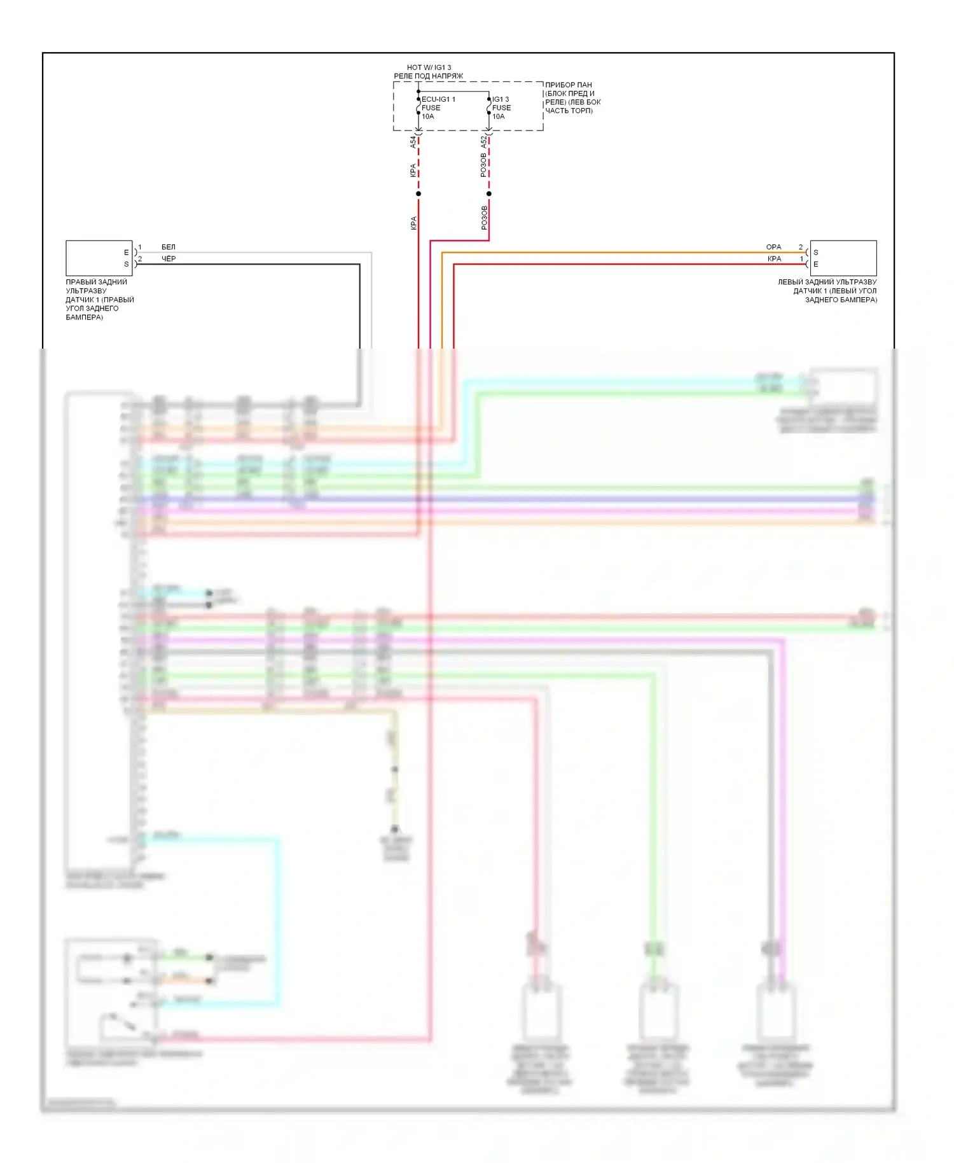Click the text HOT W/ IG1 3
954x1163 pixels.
[429, 67]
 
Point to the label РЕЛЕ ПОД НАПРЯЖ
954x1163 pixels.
[428, 76]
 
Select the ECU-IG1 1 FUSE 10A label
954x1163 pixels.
[438, 108]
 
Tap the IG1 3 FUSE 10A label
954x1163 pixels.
[501, 108]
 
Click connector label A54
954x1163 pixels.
[413, 142]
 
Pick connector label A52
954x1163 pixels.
[483, 142]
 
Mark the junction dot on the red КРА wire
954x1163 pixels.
[418, 193]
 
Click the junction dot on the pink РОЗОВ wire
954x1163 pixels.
[488, 193]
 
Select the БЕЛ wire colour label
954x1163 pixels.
[168, 247]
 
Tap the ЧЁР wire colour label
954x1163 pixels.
[169, 259]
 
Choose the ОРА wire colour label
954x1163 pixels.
[773, 247]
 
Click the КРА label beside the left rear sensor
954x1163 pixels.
[774, 259]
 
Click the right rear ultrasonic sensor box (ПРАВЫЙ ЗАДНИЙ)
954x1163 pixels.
[99, 258]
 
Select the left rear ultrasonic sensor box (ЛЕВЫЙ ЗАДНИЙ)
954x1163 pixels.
[843, 258]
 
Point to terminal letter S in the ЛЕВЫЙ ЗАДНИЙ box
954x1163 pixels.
[816, 253]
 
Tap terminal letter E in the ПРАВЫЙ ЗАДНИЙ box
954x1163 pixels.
[126, 253]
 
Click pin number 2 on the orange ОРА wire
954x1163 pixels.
[801, 247]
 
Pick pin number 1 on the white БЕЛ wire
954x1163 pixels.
[140, 247]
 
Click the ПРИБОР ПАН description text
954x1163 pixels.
[572, 97]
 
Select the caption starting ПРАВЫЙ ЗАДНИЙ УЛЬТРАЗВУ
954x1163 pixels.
[100, 299]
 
